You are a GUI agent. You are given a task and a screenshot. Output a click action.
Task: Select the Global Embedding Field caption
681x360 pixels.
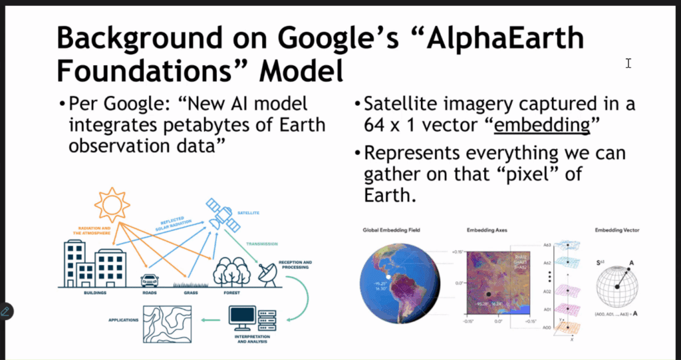tap(391, 230)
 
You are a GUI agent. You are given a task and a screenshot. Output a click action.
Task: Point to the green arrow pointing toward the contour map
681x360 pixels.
tap(212, 320)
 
